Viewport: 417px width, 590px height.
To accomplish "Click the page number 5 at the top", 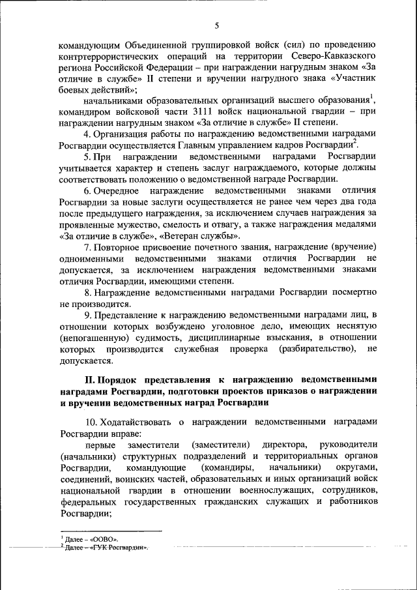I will click(217, 25).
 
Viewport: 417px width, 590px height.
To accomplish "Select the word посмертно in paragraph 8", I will click(348, 293).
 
